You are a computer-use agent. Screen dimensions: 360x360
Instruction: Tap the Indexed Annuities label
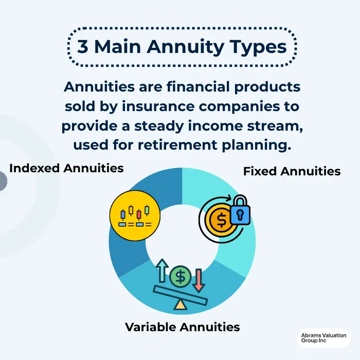[66, 168]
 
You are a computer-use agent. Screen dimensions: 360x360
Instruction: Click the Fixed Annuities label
[292, 171]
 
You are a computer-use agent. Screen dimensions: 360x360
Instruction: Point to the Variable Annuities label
[183, 327]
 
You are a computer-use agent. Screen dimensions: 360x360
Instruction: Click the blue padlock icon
[240, 211]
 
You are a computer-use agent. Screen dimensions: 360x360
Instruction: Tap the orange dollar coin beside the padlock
[221, 220]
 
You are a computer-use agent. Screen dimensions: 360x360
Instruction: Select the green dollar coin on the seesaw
[180, 277]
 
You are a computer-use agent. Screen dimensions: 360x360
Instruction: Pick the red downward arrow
[199, 280]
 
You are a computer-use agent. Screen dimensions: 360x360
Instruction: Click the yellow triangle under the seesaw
[180, 304]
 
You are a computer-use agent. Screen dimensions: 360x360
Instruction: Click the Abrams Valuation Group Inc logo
[324, 340]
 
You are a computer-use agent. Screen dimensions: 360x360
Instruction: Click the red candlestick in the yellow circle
[139, 213]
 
